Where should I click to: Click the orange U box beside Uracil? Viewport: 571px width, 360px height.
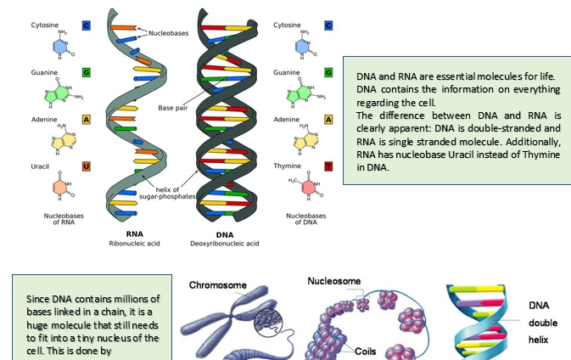pos(86,166)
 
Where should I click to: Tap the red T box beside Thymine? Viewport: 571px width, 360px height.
pos(327,166)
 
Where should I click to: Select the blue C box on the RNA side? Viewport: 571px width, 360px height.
pos(86,25)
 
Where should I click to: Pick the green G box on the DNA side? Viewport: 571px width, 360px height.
pos(327,73)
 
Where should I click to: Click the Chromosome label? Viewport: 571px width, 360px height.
pos(217,285)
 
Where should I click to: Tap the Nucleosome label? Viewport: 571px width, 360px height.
pos(333,281)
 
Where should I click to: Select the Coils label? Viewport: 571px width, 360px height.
pos(366,349)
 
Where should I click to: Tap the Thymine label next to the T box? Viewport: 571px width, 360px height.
pos(288,166)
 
